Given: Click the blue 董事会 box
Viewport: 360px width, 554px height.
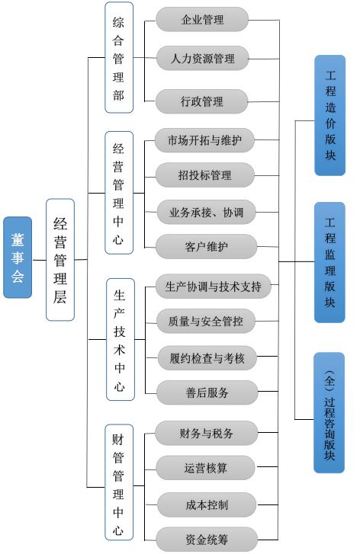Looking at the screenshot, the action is coord(18,258).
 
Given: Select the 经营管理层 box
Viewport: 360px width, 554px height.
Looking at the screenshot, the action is coord(60,260).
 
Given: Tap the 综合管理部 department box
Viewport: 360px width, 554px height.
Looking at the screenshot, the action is coord(119,57).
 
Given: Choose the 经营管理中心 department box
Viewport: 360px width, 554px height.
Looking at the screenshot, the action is coord(119,193).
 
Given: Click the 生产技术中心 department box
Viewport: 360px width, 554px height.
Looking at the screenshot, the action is coord(121,339).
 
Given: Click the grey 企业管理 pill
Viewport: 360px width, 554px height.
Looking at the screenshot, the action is coord(202,20).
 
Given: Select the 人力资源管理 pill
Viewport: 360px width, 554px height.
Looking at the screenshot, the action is coord(202,59).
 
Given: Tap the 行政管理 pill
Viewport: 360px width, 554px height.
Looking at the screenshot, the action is coord(201,101).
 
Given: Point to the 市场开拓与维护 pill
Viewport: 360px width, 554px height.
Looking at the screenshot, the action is coord(204,140).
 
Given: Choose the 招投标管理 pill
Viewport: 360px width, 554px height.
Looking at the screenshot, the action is coord(204,175).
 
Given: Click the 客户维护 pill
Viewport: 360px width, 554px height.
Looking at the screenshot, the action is coord(206,246).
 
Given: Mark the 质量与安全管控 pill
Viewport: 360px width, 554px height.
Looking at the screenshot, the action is coord(206,321).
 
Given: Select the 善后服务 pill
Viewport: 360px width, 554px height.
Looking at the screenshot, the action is coord(207,392).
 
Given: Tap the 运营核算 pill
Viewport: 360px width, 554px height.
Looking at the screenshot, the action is coord(205,468).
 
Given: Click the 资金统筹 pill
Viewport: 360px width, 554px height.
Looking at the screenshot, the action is coord(207,540).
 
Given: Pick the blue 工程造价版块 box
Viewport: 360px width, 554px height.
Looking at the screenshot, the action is coord(330,115).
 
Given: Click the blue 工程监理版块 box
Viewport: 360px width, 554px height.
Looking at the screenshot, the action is coord(329,262).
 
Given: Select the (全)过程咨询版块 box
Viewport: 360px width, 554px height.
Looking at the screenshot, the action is coord(329,413).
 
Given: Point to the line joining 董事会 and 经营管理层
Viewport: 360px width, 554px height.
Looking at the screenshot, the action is coord(39,261).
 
